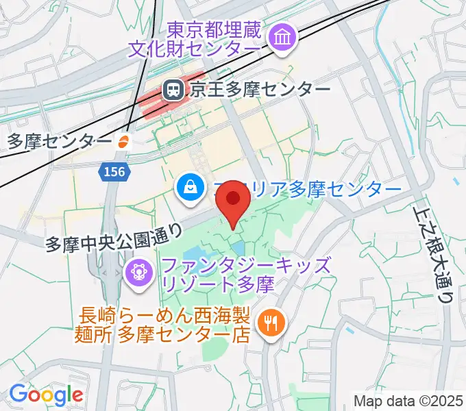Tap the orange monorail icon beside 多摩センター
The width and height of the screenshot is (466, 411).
point(124,142)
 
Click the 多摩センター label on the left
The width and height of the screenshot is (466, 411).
point(59,142)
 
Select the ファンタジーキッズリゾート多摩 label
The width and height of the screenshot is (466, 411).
point(247,274)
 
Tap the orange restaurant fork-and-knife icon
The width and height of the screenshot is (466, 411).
point(269,322)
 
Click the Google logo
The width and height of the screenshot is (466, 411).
point(46,395)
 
